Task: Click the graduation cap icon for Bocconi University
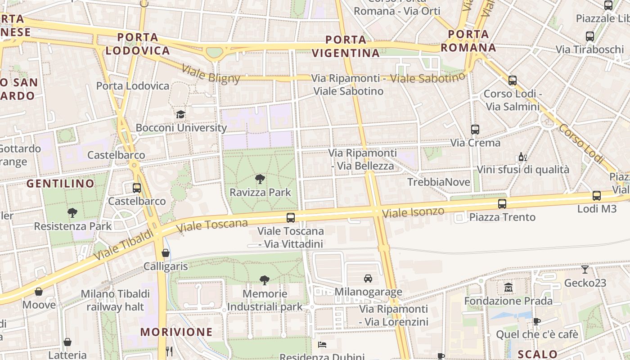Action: coord(180,114)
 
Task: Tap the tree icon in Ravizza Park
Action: coord(260,179)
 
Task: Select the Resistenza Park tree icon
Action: coord(72,212)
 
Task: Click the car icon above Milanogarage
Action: coord(368,278)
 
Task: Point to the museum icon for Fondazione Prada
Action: coord(508,287)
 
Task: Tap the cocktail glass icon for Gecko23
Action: coord(585,270)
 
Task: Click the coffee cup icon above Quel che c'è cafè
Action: coord(536,321)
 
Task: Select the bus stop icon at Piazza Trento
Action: coord(502,203)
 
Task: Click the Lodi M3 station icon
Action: coord(596,195)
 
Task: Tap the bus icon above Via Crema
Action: coord(475,129)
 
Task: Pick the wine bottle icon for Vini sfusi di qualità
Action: coord(522,157)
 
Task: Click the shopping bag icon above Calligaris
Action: coord(166,253)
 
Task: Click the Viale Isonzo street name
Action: coord(413,212)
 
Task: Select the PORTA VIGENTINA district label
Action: coord(346,46)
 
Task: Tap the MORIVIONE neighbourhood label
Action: coord(176,332)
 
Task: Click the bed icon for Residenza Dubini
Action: coord(322,345)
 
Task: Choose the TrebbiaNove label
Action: coord(438,182)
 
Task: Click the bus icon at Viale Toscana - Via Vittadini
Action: coord(291,218)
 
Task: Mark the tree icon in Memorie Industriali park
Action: coord(265,280)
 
